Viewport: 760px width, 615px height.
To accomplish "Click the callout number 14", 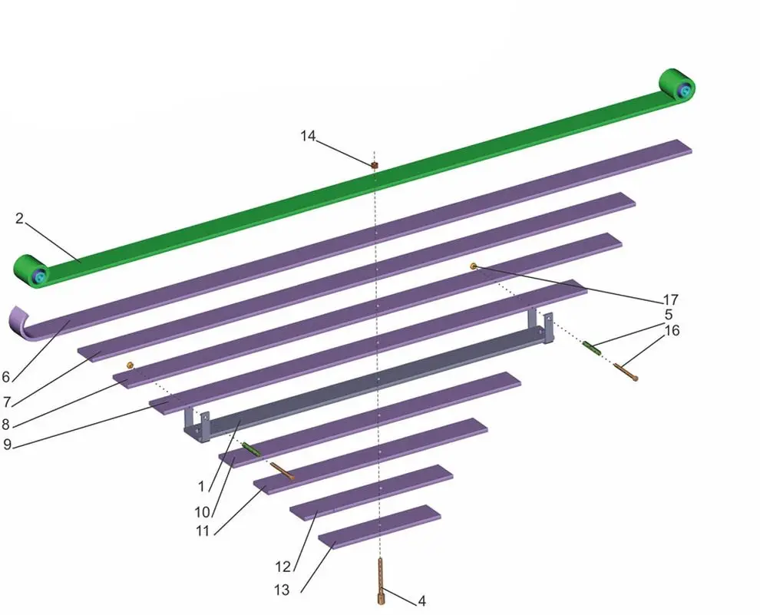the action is pos(308,136).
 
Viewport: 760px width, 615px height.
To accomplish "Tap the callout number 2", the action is pos(19,218).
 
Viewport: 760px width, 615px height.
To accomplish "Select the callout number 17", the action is pos(671,299).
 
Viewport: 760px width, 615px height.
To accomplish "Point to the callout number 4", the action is pos(421,600).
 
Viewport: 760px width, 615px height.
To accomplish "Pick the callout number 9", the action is pos(8,444).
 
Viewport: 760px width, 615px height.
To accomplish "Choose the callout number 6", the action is pos(6,377).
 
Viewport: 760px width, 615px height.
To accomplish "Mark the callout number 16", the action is pos(672,331).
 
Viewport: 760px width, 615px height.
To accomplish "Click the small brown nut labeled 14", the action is pos(375,164).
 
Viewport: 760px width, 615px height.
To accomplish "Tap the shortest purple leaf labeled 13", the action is pos(380,525).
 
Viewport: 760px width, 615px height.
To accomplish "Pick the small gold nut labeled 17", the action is pos(474,266).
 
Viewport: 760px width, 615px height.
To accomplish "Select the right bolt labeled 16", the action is pos(625,373).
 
